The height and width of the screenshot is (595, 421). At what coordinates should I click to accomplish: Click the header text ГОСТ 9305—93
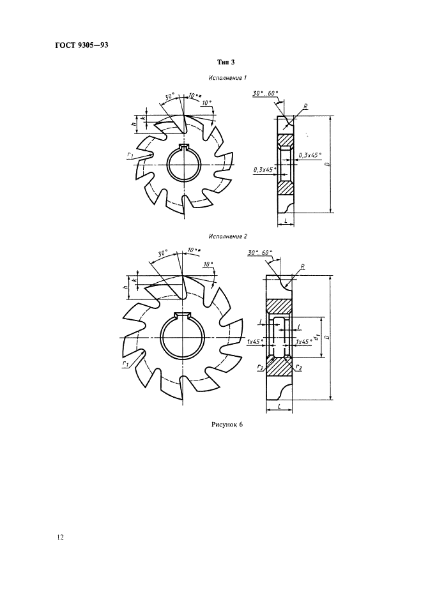pos(82,45)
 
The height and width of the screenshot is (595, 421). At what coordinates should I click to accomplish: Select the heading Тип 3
pos(226,62)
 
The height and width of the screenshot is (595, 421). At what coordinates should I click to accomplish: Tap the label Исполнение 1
pos(228,78)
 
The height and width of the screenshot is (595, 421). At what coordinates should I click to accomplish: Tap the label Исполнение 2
pos(228,236)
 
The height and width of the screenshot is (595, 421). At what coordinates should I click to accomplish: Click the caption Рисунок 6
pos(227,425)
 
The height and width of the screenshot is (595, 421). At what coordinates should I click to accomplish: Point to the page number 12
pos(60,537)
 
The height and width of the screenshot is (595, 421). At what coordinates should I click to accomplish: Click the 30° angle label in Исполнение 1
pos(169,97)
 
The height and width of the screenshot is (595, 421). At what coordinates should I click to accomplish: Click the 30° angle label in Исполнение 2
pos(163,253)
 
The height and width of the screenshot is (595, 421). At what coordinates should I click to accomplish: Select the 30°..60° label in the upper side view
pos(265,93)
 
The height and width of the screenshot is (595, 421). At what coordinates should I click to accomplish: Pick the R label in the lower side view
pos(302,266)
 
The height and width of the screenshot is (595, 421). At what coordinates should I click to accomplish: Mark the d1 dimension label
pos(316,336)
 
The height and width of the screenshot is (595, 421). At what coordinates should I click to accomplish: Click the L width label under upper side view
pos(286,220)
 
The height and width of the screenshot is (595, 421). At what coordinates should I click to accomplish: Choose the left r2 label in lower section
pos(259,367)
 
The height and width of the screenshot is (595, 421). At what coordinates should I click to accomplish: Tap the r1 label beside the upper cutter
pos(130,155)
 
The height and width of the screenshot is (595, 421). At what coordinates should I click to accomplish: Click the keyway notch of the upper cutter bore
pos(184,147)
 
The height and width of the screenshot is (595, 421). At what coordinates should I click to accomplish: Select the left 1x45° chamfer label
pos(255,342)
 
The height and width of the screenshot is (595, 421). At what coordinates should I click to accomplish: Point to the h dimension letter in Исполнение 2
pos(125,287)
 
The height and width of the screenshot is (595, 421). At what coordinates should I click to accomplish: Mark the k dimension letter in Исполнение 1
pos(143,118)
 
